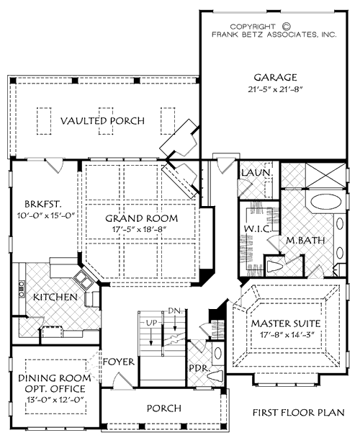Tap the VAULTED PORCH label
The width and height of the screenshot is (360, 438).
[x=102, y=120]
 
